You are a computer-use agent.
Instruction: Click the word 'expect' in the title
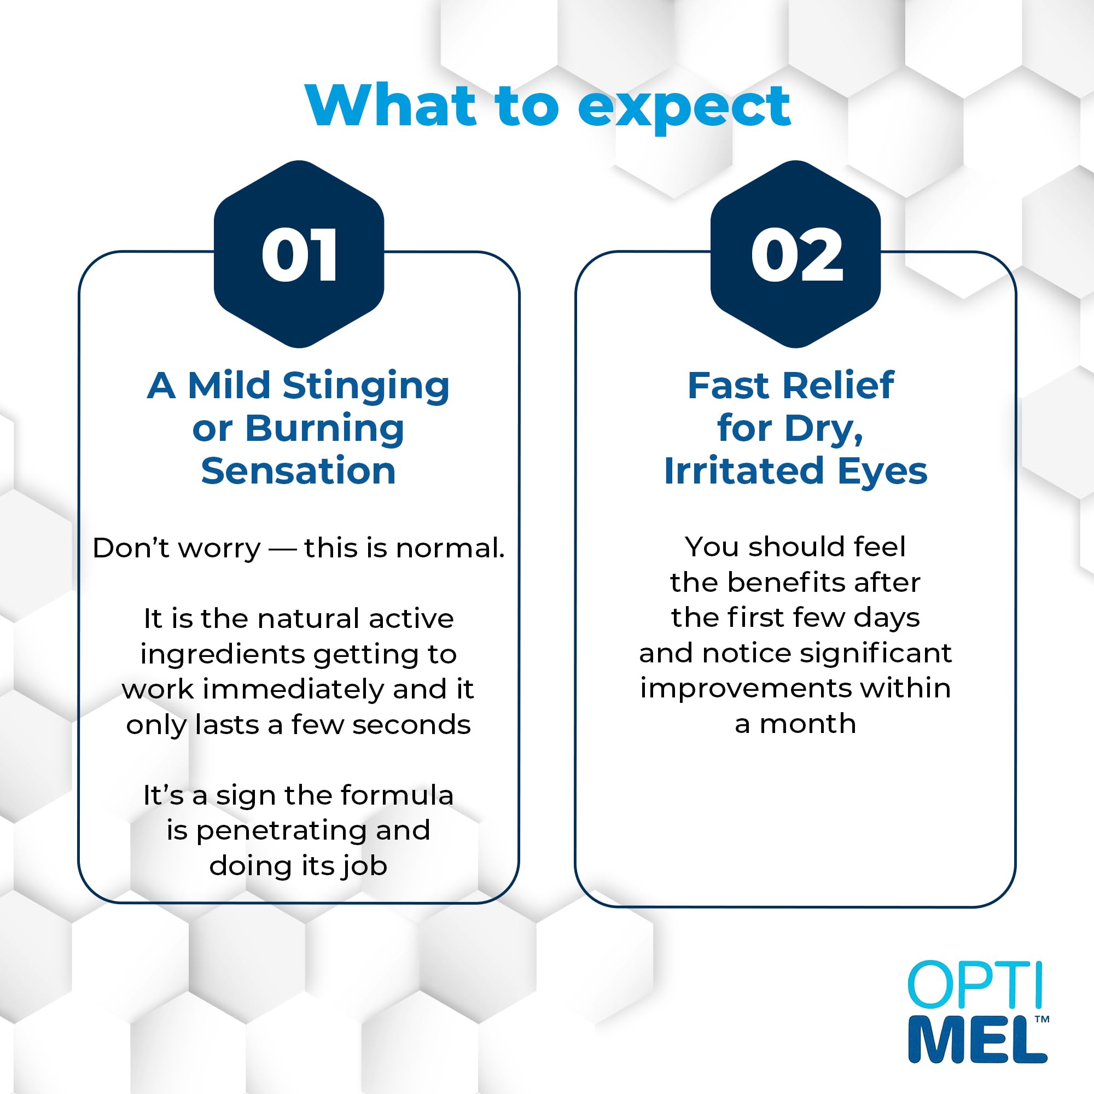tap(684, 109)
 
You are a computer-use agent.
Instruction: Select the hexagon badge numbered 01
tap(299, 254)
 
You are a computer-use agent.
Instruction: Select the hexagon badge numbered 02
tap(795, 254)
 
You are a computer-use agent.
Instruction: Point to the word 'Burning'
tap(325, 429)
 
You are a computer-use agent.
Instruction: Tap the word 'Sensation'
tap(299, 471)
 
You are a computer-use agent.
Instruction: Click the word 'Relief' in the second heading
tap(839, 386)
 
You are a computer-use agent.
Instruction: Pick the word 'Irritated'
tap(744, 471)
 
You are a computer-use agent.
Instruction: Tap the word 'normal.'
tap(450, 548)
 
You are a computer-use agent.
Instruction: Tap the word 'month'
tap(807, 725)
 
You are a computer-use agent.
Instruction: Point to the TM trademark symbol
tap(1042, 1019)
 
